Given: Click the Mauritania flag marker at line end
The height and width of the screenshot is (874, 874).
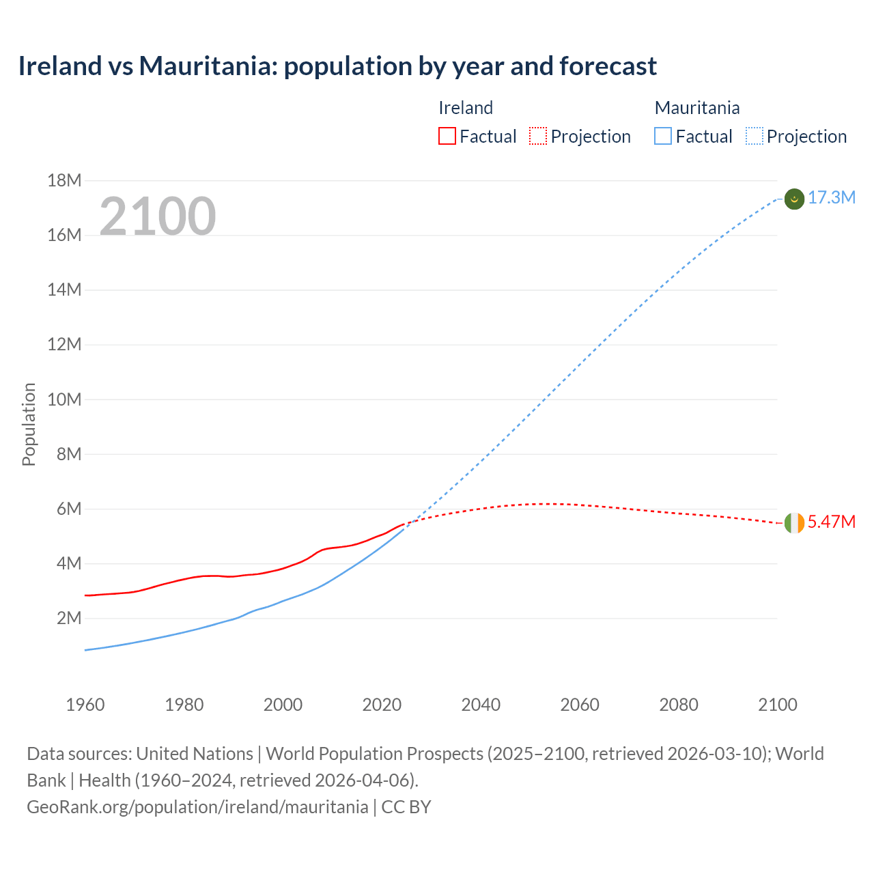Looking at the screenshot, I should [794, 199].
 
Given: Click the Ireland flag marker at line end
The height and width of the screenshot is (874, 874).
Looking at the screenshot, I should [794, 523].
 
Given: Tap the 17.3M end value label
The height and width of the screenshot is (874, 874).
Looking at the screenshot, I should [832, 198].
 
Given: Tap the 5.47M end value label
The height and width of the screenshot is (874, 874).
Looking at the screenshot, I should [832, 522].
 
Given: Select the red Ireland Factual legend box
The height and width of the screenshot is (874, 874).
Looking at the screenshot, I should [447, 136].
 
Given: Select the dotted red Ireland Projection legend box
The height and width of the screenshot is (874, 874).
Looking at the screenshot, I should [538, 136].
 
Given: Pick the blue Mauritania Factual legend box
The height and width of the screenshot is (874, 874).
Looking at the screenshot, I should [662, 136].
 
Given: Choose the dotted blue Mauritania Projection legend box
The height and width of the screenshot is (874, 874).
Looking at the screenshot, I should [754, 136].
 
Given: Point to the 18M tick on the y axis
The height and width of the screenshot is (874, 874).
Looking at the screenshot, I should [64, 181].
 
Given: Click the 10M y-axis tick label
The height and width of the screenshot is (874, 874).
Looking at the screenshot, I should [64, 399].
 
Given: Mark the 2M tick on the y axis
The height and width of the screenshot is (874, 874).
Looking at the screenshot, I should [69, 619].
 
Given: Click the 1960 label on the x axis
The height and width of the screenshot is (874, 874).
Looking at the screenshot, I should [85, 705].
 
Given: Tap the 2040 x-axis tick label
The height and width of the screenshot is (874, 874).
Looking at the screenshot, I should [481, 705].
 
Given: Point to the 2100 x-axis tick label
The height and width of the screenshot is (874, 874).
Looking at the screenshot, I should [778, 705].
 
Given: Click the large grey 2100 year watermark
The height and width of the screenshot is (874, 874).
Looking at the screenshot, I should [158, 216].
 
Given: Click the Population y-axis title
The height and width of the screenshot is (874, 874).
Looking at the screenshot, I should [29, 424].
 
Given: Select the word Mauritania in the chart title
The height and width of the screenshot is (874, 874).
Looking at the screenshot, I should [208, 66].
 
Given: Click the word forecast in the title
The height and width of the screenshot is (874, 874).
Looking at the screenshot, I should [608, 66].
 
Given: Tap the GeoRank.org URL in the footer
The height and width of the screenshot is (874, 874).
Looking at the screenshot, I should [197, 807].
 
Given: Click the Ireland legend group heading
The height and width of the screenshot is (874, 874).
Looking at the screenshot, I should [465, 108].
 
